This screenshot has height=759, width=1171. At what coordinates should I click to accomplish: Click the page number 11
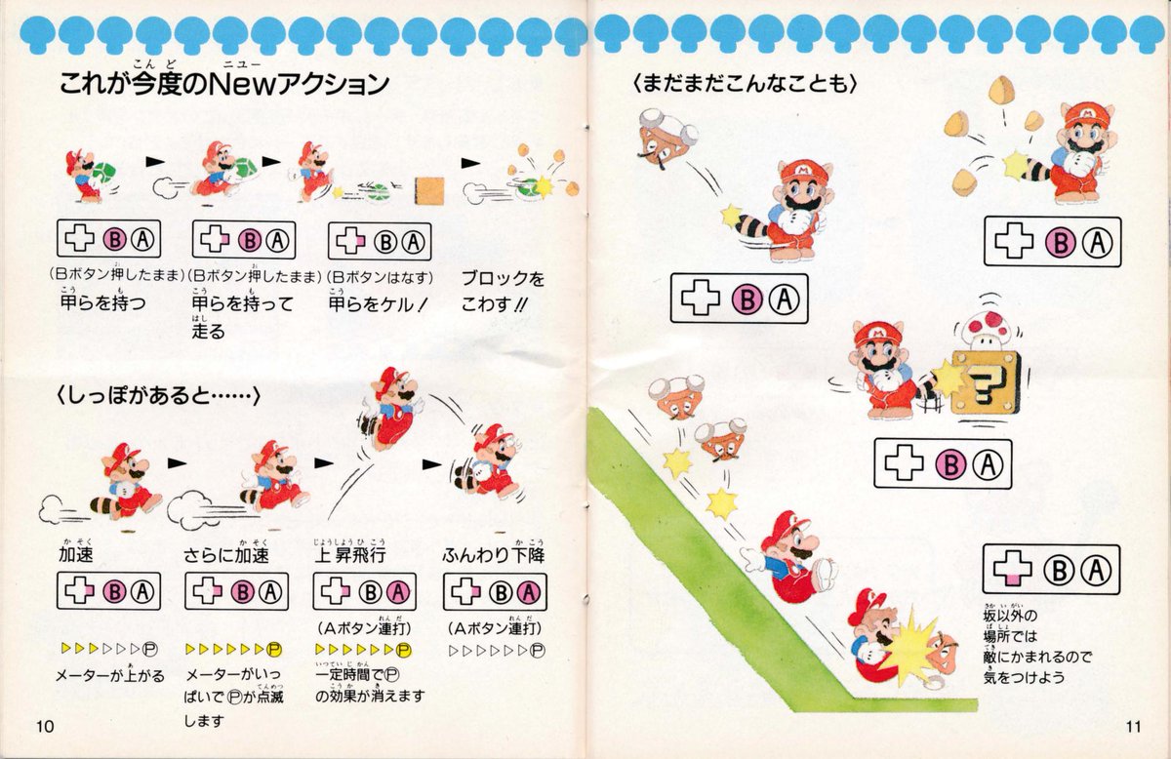(1131, 725)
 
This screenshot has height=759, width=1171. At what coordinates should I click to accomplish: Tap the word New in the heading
(270, 85)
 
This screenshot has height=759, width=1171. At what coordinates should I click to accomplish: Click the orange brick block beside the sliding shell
(429, 188)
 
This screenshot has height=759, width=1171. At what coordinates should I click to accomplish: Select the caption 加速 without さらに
(75, 555)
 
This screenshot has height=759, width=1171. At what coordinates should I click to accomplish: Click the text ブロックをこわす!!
(503, 291)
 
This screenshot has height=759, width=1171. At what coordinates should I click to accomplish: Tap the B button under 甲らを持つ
(112, 241)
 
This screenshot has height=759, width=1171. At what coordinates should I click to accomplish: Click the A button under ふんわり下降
(528, 592)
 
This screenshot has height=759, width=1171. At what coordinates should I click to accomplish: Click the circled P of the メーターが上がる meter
(149, 648)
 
